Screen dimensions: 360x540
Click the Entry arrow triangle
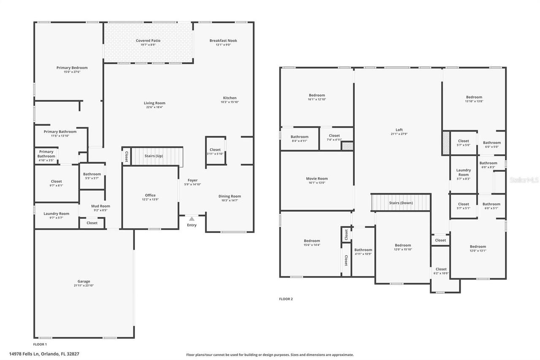pyautogui.click(x=192, y=219)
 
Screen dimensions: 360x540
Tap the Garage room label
pyautogui.click(x=84, y=282)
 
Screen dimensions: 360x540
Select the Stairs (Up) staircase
pyautogui.click(x=157, y=156)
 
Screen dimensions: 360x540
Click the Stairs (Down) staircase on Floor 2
pyautogui.click(x=401, y=203)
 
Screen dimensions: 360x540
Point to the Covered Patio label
pyautogui.click(x=148, y=41)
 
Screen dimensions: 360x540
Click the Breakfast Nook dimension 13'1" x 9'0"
pyautogui.click(x=223, y=45)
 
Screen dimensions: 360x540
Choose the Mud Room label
pyautogui.click(x=100, y=206)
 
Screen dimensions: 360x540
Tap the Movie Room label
pyautogui.click(x=316, y=179)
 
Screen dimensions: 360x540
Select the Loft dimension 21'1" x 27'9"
pyautogui.click(x=399, y=134)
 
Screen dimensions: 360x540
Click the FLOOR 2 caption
pyautogui.click(x=286, y=299)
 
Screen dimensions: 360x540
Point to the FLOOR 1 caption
pyautogui.click(x=40, y=344)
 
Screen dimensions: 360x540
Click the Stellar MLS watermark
pyautogui.click(x=524, y=180)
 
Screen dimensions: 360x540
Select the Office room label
pyautogui.click(x=150, y=195)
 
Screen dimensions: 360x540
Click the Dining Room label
pyautogui.click(x=229, y=196)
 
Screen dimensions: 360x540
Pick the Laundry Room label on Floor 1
pyautogui.click(x=56, y=214)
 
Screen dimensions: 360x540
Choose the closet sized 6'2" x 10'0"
pyautogui.click(x=441, y=271)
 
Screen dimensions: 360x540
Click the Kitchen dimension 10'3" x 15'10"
pyautogui.click(x=229, y=102)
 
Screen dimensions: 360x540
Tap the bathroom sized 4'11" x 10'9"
pyautogui.click(x=363, y=252)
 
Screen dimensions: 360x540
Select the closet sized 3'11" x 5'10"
pyautogui.click(x=215, y=152)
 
